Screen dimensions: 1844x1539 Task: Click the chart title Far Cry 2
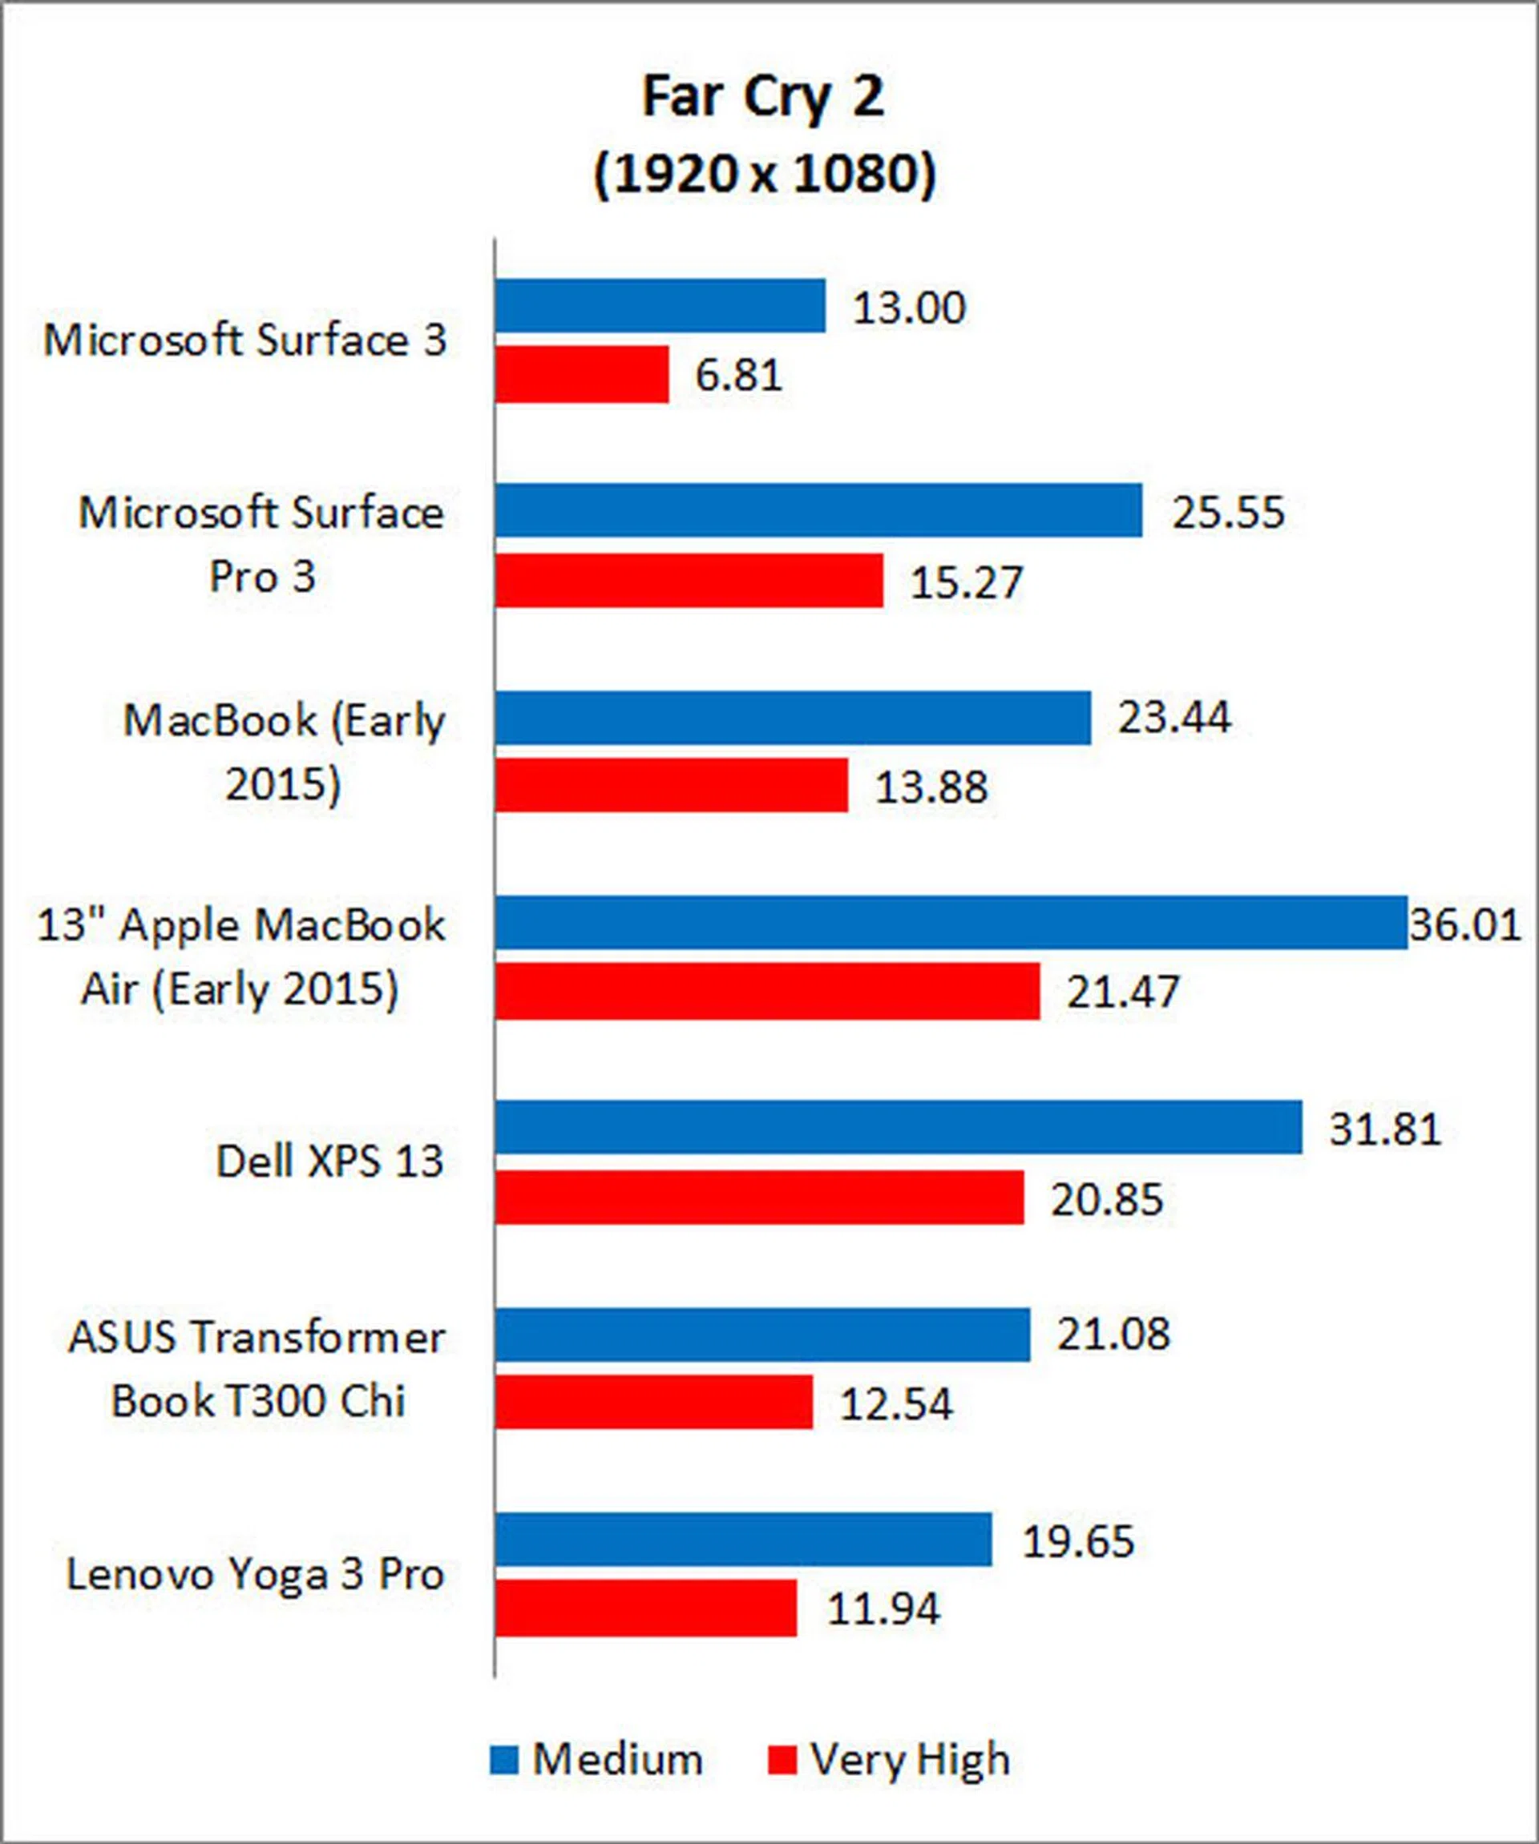tap(762, 97)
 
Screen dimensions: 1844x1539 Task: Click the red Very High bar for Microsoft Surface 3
tap(581, 375)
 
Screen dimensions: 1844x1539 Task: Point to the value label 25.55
tap(1228, 512)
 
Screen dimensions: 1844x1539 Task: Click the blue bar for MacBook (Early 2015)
tap(792, 718)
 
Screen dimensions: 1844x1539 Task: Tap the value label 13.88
tap(931, 787)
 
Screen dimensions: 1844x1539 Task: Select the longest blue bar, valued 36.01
tap(951, 923)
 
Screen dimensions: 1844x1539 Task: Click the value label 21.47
tap(1123, 992)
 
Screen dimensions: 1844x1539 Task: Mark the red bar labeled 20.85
tap(759, 1197)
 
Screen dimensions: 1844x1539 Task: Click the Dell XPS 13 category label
tap(329, 1162)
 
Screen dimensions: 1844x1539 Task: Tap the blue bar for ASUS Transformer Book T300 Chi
tap(761, 1335)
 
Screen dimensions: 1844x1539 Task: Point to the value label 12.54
tap(896, 1403)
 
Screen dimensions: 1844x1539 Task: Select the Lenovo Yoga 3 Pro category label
tap(256, 1573)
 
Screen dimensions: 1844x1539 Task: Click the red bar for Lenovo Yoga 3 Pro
tap(645, 1608)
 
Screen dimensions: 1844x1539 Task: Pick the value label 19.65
tap(1078, 1541)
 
